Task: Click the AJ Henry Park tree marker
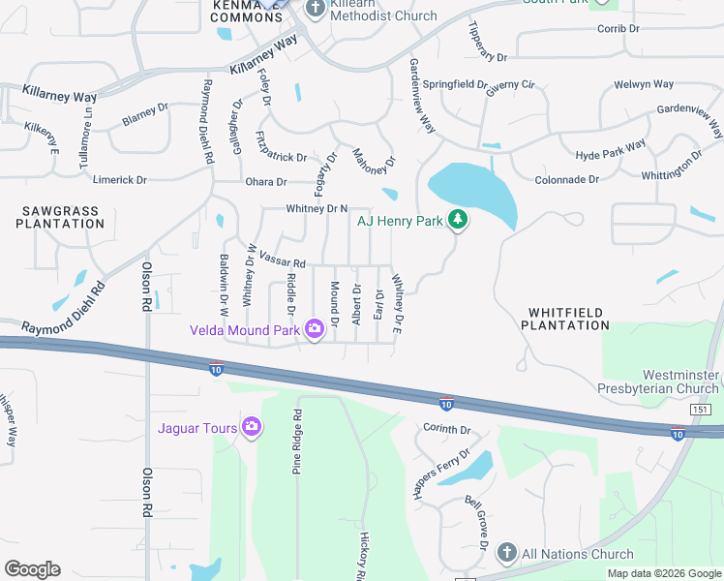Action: click(x=458, y=222)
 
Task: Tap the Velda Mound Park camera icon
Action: click(x=314, y=331)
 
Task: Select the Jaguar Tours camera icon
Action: click(x=251, y=426)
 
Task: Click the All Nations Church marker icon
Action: click(x=505, y=554)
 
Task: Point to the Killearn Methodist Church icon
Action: click(x=314, y=10)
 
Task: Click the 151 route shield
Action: click(x=701, y=410)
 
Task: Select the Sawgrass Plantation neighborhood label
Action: click(x=60, y=217)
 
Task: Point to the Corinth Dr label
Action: click(x=446, y=429)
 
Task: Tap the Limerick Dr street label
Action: click(x=119, y=180)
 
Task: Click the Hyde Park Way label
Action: click(x=610, y=150)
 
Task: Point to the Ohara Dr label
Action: click(x=266, y=182)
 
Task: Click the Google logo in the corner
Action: click(x=32, y=569)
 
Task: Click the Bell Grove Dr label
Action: click(x=478, y=519)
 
